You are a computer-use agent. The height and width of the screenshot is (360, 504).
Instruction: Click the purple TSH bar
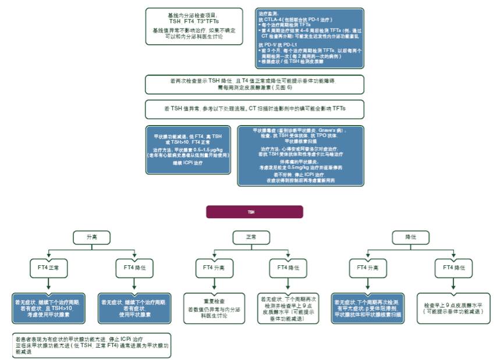pos(251,212)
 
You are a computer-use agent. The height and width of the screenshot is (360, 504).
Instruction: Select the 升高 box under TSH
pos(92,237)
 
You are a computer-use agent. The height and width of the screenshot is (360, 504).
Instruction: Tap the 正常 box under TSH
pos(251,237)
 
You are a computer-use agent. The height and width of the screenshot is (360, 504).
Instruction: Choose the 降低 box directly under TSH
pos(411,237)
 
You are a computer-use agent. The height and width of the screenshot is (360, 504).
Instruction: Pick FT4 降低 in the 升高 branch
pos(134,268)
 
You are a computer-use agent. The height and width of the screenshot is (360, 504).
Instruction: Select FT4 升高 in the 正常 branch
pos(215,268)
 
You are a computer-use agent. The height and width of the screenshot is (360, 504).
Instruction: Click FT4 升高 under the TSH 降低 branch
pos(368,268)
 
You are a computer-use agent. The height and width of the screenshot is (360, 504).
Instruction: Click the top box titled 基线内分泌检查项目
pos(194,26)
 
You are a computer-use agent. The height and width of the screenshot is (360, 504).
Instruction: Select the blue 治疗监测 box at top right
pos(308,38)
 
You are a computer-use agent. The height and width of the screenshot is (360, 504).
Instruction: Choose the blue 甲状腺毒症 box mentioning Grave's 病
pos(300,155)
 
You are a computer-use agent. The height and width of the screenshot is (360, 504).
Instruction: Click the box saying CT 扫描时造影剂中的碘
pos(255,109)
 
